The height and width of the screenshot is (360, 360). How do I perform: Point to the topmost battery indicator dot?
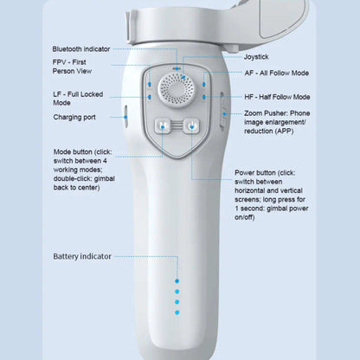click(x=177, y=280)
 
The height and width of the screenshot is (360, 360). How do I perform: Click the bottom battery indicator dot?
click(x=177, y=312)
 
